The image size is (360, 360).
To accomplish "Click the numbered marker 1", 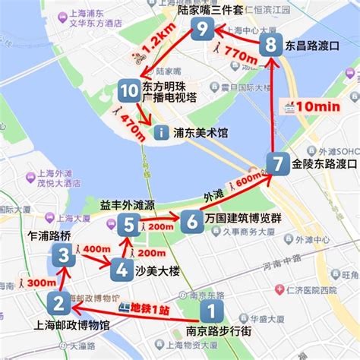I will (x=213, y=311).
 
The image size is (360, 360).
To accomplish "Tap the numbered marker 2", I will (x=58, y=305).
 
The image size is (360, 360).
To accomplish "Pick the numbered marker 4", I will (x=120, y=269).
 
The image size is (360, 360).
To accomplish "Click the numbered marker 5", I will (x=128, y=224).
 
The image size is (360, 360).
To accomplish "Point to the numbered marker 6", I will (x=190, y=221).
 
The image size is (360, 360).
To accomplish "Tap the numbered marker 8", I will (x=271, y=46).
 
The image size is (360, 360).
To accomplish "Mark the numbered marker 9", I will (x=201, y=30).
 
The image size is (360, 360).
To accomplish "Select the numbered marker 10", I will (x=128, y=93).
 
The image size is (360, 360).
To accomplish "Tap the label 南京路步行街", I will (x=212, y=332).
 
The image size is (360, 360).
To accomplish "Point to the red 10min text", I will (x=315, y=106).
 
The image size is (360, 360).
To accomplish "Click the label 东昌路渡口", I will (x=311, y=46).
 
